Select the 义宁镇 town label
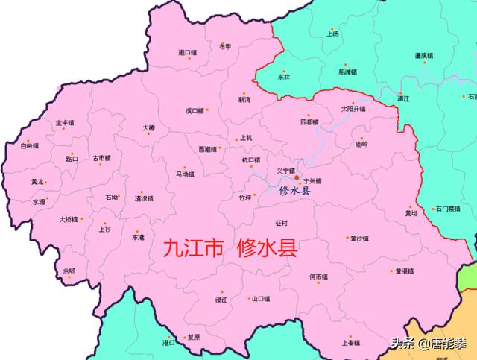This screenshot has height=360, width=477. click(285, 171)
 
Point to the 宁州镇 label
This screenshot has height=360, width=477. click(312, 180)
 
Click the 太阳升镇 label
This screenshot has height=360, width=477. click(353, 109)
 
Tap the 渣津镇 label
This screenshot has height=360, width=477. click(144, 198)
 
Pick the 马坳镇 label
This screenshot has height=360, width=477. click(185, 174)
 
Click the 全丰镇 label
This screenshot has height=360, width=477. click(65, 122)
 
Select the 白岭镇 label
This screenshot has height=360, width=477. click(29, 147)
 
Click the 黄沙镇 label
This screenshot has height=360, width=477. click(359, 239)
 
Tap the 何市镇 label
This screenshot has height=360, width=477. click(318, 277)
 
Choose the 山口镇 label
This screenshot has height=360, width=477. click(260, 299)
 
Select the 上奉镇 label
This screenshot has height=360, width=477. click(351, 343)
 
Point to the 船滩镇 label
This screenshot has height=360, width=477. click(348, 72)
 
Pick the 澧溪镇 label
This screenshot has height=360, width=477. click(424, 56)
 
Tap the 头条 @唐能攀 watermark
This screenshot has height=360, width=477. click(432, 344)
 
